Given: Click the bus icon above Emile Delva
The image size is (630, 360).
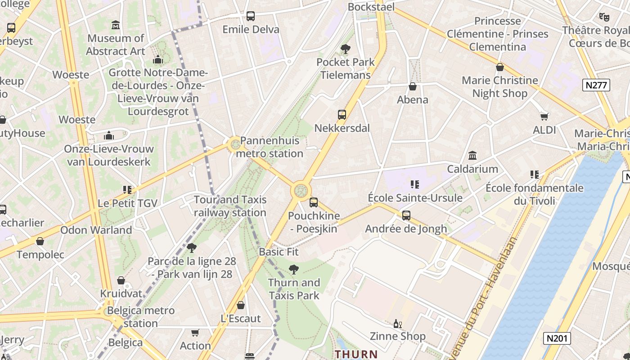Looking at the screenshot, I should pyautogui.click(x=251, y=16).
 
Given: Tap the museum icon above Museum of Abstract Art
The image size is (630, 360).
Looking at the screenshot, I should pyautogui.click(x=116, y=25).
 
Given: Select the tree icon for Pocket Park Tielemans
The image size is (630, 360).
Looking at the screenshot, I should pyautogui.click(x=346, y=49).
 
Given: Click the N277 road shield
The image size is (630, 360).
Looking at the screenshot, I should pyautogui.click(x=596, y=85).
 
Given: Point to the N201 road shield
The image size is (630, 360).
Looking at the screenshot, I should pyautogui.click(x=557, y=338).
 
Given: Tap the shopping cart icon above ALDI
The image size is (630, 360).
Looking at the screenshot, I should pyautogui.click(x=544, y=117).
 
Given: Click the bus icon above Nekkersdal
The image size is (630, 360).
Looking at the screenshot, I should pyautogui.click(x=342, y=115).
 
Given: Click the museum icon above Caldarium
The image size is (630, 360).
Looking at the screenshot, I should pyautogui.click(x=472, y=156).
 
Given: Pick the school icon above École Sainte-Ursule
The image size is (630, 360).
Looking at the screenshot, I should pyautogui.click(x=415, y=184).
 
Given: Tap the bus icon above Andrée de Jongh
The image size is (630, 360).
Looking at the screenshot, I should pyautogui.click(x=406, y=216).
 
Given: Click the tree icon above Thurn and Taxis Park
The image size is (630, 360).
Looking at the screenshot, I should pyautogui.click(x=294, y=270).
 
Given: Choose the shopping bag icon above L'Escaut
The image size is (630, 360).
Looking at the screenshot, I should pyautogui.click(x=241, y=305).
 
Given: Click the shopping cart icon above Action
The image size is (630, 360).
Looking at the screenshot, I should pyautogui.click(x=195, y=333).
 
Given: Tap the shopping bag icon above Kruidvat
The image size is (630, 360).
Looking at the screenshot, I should pyautogui.click(x=121, y=280).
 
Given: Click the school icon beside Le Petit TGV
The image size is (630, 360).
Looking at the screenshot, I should pyautogui.click(x=127, y=190).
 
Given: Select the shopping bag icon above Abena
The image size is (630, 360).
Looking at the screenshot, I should pyautogui.click(x=413, y=86).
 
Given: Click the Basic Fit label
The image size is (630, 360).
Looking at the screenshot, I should pyautogui.click(x=279, y=252).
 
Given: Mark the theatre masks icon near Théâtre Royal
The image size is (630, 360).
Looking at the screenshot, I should pyautogui.click(x=604, y=17).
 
